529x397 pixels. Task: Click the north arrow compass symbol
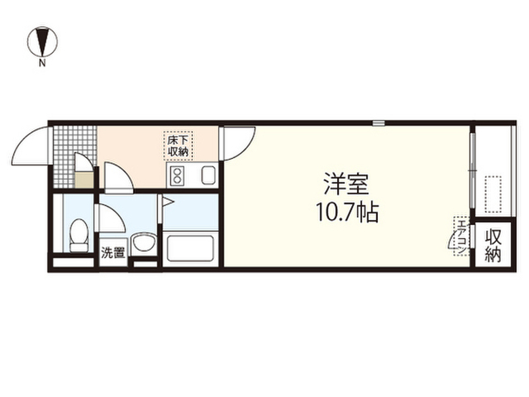(x=42, y=42)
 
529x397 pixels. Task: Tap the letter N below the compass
(x=42, y=63)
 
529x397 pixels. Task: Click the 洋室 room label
(x=346, y=184)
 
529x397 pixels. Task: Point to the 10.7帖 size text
(x=347, y=212)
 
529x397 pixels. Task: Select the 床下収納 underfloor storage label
(x=179, y=146)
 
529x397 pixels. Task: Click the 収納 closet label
(x=493, y=245)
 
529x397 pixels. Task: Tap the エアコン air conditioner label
(x=461, y=236)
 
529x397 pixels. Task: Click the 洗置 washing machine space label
(x=113, y=252)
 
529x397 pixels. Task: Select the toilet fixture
(x=79, y=235)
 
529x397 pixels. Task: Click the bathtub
(x=190, y=248)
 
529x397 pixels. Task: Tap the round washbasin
(x=144, y=243)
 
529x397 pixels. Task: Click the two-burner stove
(x=177, y=176)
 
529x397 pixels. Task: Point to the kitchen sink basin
(x=208, y=175)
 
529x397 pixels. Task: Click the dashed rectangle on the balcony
(x=493, y=194)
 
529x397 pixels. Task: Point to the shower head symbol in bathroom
(x=168, y=202)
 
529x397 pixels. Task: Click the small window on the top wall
(x=379, y=123)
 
